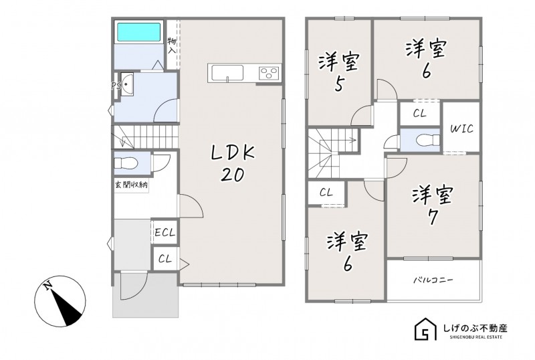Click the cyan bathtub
(139, 32)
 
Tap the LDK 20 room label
(233, 163)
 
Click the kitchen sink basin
(227, 73)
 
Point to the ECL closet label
(165, 233)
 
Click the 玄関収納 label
(131, 185)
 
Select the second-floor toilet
(428, 140)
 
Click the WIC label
(461, 128)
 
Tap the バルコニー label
(433, 280)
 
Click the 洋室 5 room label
(338, 72)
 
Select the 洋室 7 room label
(433, 206)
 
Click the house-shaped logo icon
(426, 329)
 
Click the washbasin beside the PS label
(126, 84)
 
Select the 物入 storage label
(172, 46)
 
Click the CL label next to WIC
(420, 114)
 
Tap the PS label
(116, 86)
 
